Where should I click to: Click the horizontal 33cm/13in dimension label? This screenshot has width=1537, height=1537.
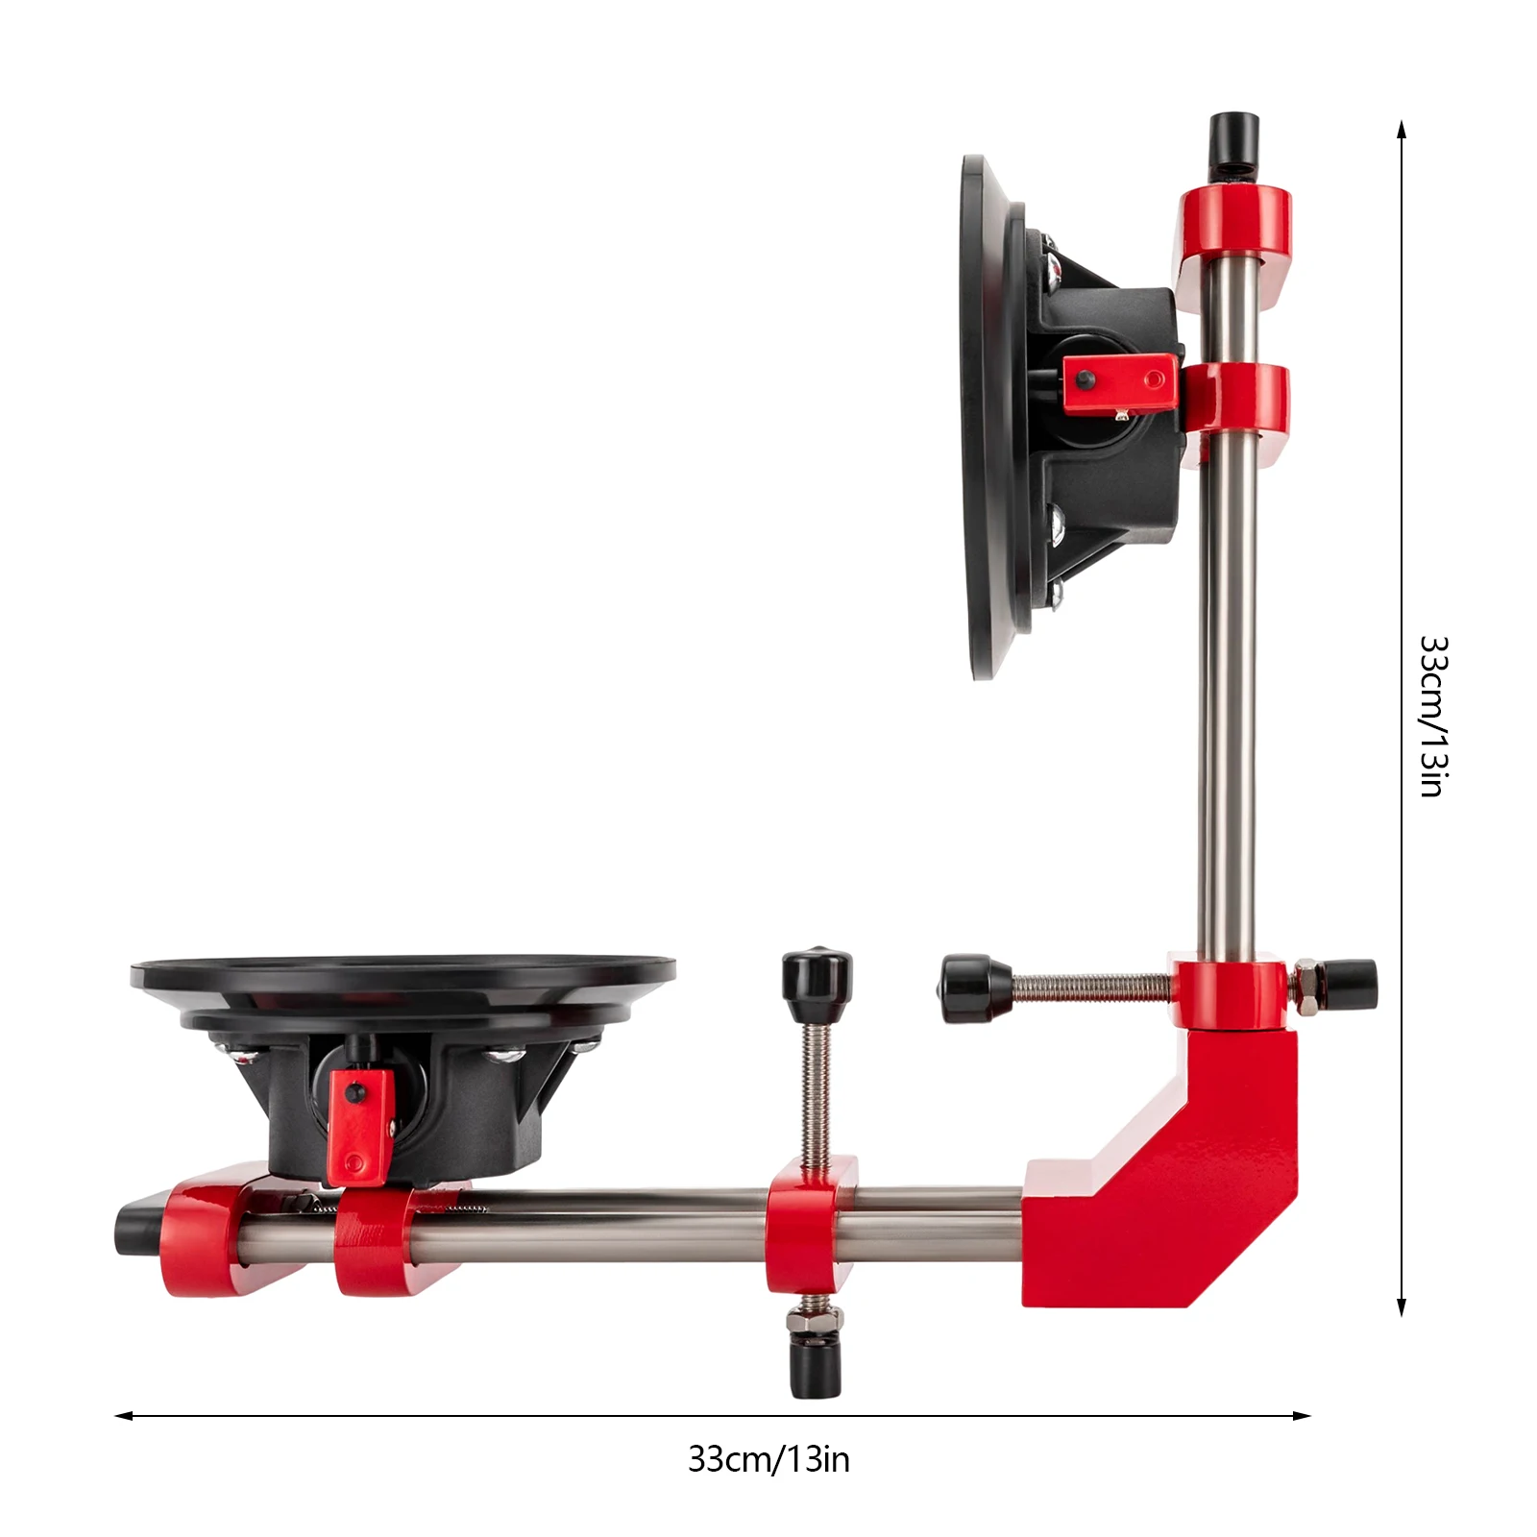click(768, 1459)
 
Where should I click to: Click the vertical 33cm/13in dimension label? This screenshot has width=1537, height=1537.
click(1432, 716)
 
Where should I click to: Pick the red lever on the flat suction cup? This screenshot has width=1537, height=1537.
click(360, 1124)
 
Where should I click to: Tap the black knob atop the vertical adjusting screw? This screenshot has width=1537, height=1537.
click(816, 975)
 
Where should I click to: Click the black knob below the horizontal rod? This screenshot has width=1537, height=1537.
click(816, 1367)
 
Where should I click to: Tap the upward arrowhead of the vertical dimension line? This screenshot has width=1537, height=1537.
click(1402, 128)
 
